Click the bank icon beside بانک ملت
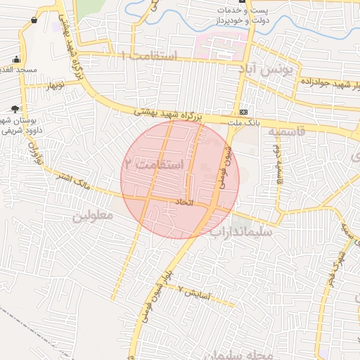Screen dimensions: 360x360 pos(243,112)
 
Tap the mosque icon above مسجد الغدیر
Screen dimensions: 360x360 pos(16,59)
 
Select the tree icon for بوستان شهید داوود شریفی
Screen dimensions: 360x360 pos(15,108)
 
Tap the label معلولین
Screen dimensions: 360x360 pos(93,216)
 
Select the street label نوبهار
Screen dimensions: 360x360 pos(55,86)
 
